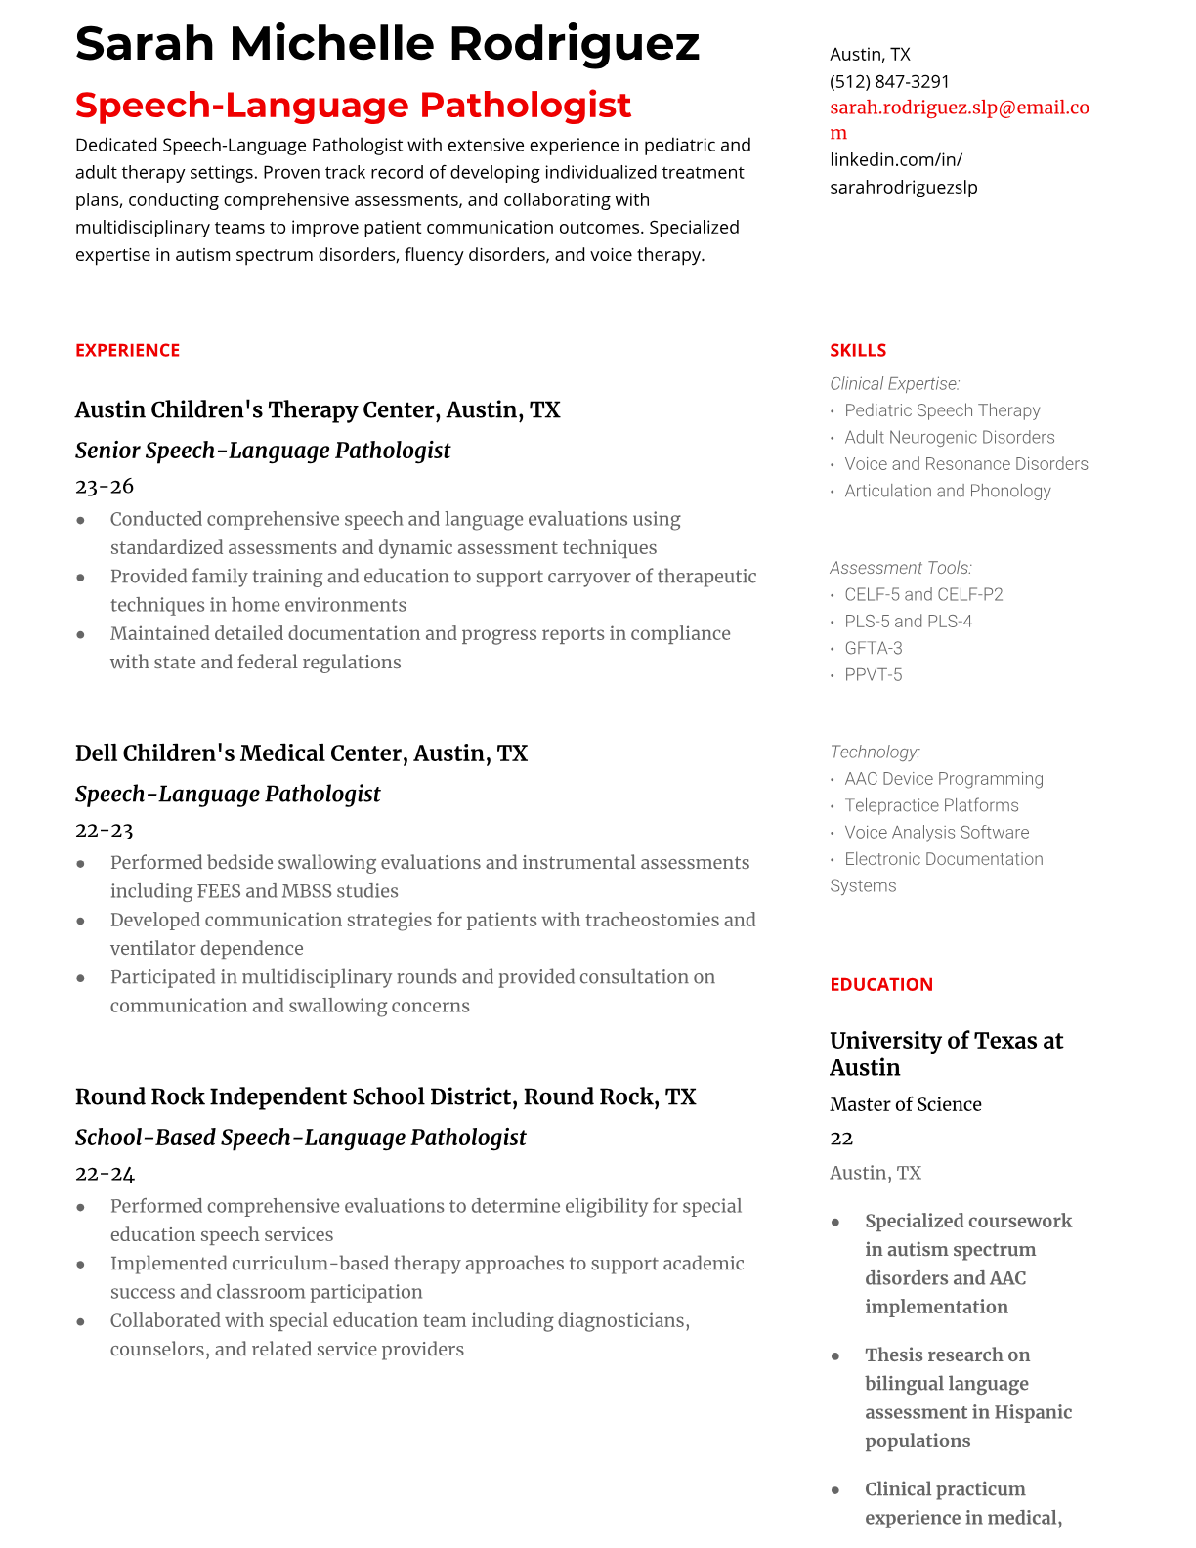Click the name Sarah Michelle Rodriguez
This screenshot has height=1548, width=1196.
tap(387, 44)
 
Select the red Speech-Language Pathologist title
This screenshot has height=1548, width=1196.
tap(353, 105)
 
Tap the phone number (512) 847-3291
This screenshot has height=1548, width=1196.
tap(889, 81)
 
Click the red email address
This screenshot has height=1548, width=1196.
tap(959, 119)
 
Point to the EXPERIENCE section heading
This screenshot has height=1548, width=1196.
tap(127, 350)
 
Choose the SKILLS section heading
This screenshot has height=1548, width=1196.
tap(858, 350)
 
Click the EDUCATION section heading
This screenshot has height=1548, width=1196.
tap(880, 984)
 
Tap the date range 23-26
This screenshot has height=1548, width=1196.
tap(105, 486)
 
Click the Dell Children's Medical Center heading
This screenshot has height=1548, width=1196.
tap(301, 753)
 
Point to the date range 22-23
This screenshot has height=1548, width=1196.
tap(105, 830)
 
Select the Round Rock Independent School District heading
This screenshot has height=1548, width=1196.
tap(385, 1096)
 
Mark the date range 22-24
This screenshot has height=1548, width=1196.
tap(105, 1173)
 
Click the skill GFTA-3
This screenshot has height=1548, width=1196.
tap(874, 648)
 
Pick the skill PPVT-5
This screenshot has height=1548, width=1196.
tap(874, 674)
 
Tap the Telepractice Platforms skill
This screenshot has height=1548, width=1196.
tap(931, 805)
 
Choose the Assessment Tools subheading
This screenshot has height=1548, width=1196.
tap(901, 568)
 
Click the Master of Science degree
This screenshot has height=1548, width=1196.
tap(905, 1104)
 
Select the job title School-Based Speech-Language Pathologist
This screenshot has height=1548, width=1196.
tap(300, 1138)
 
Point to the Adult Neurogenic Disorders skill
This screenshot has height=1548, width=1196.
tap(949, 437)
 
